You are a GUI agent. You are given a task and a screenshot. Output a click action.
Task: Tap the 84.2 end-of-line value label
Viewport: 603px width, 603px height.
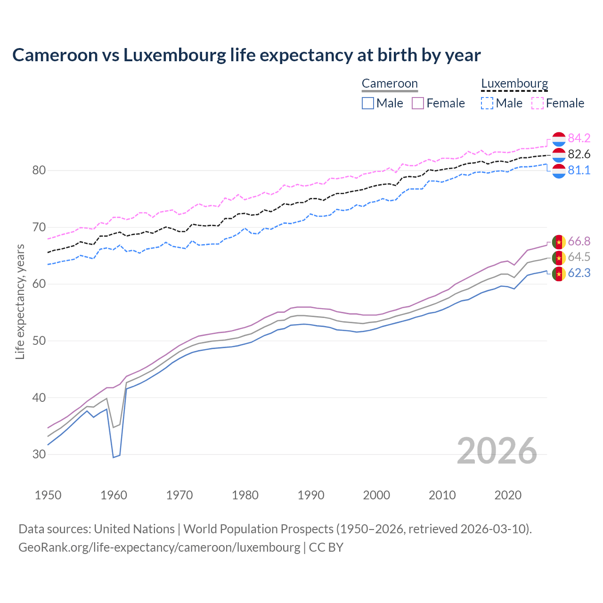click(579, 138)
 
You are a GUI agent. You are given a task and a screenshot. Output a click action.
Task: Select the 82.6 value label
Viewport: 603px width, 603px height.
click(579, 154)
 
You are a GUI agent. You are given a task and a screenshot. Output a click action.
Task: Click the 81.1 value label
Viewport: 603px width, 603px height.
click(579, 170)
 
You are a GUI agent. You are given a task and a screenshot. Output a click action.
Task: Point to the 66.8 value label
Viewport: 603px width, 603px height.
click(579, 241)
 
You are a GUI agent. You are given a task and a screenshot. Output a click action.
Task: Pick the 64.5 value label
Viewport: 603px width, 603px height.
click(579, 257)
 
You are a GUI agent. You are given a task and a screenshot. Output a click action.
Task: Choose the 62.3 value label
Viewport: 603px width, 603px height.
click(579, 273)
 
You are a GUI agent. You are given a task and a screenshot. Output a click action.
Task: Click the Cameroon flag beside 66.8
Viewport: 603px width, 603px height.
click(559, 242)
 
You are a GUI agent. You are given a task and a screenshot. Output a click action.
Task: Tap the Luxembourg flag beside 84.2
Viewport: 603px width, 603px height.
click(559, 139)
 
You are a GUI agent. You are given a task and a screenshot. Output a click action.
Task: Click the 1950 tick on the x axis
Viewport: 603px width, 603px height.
click(48, 495)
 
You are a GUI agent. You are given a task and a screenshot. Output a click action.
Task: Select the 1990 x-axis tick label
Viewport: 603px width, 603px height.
click(311, 495)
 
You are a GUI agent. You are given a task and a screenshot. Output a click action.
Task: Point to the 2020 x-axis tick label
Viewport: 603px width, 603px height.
click(508, 495)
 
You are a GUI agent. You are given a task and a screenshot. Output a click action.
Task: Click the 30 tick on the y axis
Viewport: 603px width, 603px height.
click(39, 455)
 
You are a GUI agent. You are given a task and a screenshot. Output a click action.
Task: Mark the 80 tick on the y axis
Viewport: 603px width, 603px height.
click(39, 171)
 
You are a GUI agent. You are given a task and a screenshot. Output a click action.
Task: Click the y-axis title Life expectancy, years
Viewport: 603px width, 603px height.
click(20, 301)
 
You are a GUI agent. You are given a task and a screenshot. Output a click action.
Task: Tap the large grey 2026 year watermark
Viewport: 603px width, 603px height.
click(497, 451)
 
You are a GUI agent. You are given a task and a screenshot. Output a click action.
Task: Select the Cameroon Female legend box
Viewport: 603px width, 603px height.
click(418, 103)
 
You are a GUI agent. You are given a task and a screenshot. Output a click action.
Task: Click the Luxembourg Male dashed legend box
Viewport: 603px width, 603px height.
click(487, 103)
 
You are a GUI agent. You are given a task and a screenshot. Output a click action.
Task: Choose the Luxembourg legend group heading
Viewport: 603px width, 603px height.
click(514, 83)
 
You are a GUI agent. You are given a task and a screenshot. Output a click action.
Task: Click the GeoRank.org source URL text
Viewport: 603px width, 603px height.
click(159, 547)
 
